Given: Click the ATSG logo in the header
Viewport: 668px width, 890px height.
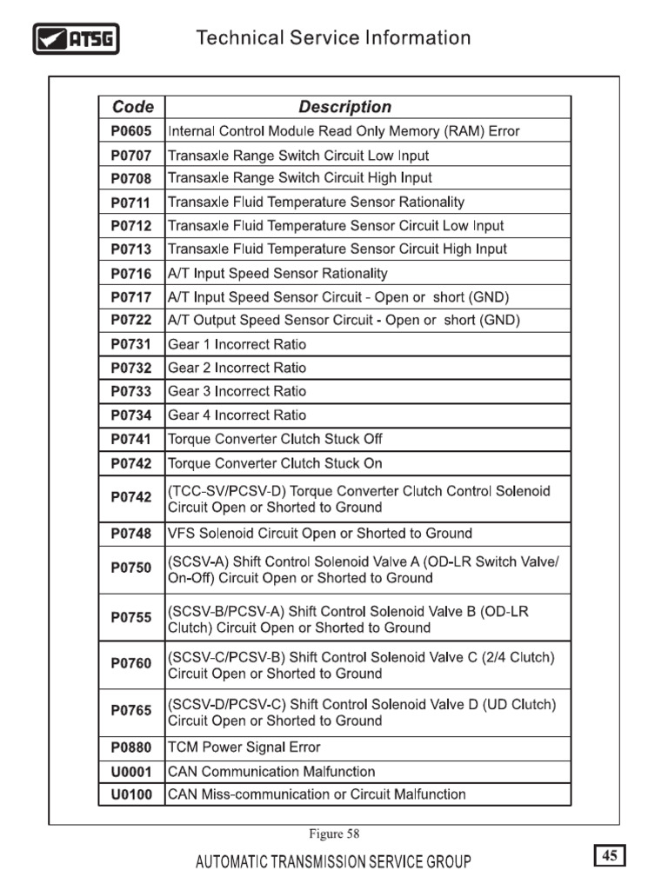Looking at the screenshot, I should point(76,39).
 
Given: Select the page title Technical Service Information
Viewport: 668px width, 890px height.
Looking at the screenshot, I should point(333,38).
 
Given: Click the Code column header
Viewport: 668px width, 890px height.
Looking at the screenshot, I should point(132,107).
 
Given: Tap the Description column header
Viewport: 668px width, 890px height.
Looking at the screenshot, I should point(344,107).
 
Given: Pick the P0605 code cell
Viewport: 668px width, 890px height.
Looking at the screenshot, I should point(131,131).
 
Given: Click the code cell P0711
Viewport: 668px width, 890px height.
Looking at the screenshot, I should point(131,203).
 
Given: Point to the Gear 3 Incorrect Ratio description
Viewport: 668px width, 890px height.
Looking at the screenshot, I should point(237,391).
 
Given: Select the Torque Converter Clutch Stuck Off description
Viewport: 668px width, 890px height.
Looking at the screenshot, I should point(275,439).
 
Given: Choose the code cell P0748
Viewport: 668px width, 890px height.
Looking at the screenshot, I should point(131,534).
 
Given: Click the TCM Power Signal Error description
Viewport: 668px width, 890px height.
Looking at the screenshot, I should point(244,747).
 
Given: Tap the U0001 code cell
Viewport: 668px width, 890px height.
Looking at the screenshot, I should point(131,772).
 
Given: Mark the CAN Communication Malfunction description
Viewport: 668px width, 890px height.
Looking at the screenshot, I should point(271,772).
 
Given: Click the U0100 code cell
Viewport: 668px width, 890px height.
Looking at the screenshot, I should point(131,794).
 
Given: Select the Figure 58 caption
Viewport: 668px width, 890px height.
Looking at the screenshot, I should point(335,834).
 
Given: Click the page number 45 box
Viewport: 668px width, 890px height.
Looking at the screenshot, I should point(610,856).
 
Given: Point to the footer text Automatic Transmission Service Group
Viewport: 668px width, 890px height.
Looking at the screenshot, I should point(334,862).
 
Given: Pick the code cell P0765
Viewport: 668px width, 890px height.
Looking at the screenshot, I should point(131,711).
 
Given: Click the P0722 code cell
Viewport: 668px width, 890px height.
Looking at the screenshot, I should point(131,320).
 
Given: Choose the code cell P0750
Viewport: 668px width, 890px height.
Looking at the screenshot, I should point(131,568).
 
